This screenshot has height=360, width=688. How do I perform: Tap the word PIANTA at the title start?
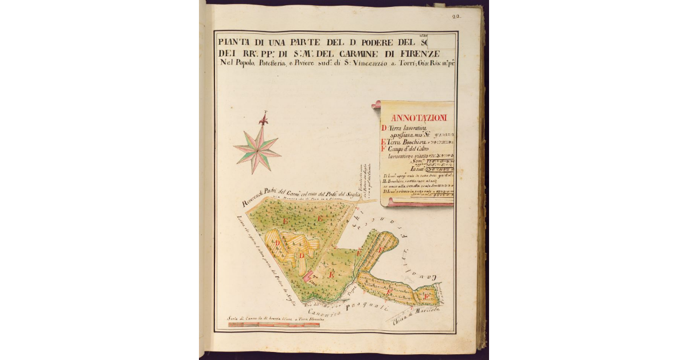(x=236, y=42)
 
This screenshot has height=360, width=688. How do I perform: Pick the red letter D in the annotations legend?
(x=384, y=128)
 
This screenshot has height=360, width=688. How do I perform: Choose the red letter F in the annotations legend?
(x=384, y=150)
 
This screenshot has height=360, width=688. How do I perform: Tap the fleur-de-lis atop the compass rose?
(x=264, y=120)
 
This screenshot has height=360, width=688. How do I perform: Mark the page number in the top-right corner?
(x=456, y=17)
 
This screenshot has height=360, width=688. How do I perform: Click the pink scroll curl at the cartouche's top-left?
(x=377, y=104)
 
